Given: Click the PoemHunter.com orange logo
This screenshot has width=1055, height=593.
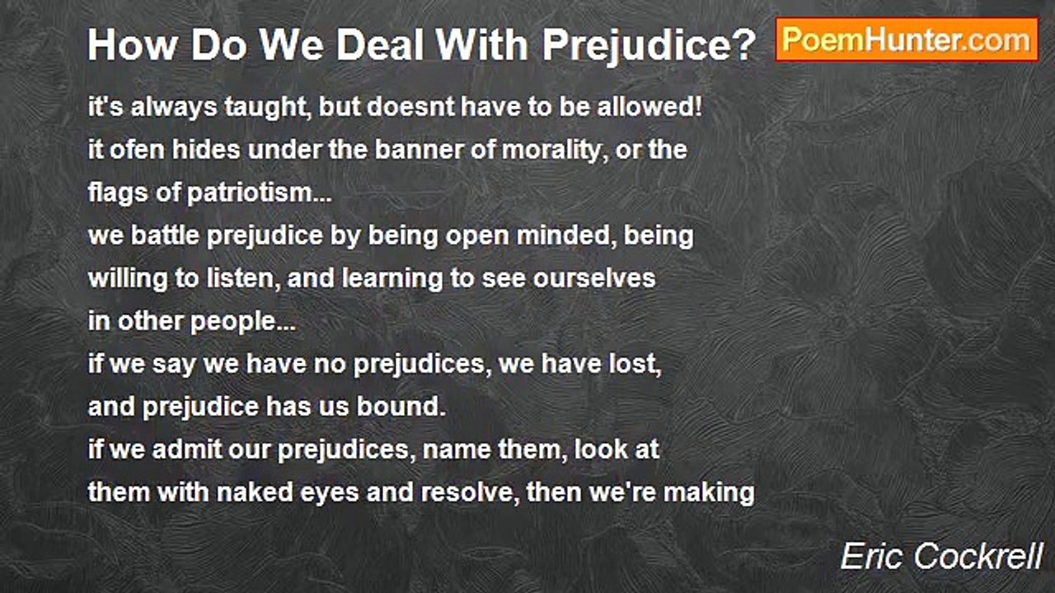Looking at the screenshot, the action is [907, 40].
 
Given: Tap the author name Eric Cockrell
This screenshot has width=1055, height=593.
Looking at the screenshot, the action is [941, 557].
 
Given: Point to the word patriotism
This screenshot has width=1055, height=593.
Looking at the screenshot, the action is [250, 194].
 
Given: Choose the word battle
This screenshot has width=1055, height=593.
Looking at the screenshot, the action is [165, 235].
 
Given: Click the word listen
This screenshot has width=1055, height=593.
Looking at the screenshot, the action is [239, 278].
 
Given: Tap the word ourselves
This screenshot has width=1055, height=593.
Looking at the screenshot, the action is [594, 278].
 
